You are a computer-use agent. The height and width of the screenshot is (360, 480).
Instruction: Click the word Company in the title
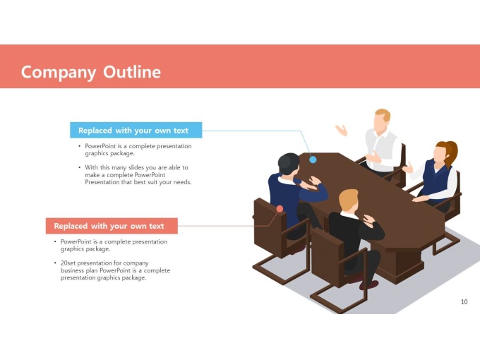pos(59,73)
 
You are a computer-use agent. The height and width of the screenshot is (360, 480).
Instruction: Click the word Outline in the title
pos(132,72)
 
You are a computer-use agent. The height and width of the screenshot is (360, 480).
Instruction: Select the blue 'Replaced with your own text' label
pos(136,130)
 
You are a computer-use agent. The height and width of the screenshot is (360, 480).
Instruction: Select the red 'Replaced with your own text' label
pos(112,226)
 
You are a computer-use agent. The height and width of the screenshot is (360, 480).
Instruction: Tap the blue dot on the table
pos(313,160)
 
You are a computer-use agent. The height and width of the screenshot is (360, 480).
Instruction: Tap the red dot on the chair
pos(280,209)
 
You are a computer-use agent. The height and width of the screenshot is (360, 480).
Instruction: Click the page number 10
pos(464,302)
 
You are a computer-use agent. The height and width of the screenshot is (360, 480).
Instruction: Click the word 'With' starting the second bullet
pos(91,167)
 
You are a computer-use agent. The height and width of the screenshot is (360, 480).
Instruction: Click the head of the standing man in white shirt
pos(382,121)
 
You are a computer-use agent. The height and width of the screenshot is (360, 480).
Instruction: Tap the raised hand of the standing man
pos(342,130)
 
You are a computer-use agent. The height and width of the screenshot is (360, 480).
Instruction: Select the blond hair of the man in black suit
pos(349,199)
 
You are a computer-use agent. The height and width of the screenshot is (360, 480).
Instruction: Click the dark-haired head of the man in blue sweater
pos(289,164)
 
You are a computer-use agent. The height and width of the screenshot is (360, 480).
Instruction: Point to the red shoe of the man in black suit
pos(369,285)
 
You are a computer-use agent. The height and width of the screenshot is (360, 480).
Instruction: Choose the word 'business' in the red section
pos(72,270)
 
